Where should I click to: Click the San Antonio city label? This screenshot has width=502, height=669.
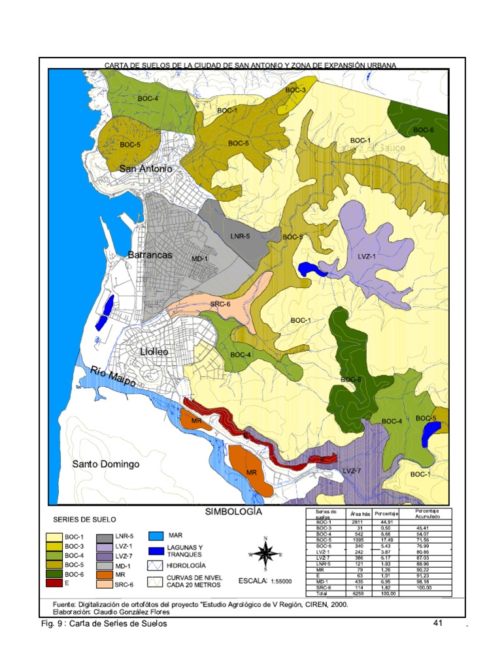point(145,169)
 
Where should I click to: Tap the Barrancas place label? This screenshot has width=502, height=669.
point(150,255)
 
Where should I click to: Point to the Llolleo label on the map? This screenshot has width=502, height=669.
point(154,351)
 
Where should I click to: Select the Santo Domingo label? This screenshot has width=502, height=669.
point(106,464)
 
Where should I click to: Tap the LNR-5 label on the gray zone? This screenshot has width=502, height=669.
point(240,237)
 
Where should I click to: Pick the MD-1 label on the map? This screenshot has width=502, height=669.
point(199,259)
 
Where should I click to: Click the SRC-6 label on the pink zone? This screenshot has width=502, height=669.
point(220,304)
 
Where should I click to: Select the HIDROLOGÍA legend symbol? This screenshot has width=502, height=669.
point(156,564)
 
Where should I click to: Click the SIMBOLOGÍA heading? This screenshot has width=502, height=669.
point(234,512)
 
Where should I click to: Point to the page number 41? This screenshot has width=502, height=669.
point(438,623)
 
